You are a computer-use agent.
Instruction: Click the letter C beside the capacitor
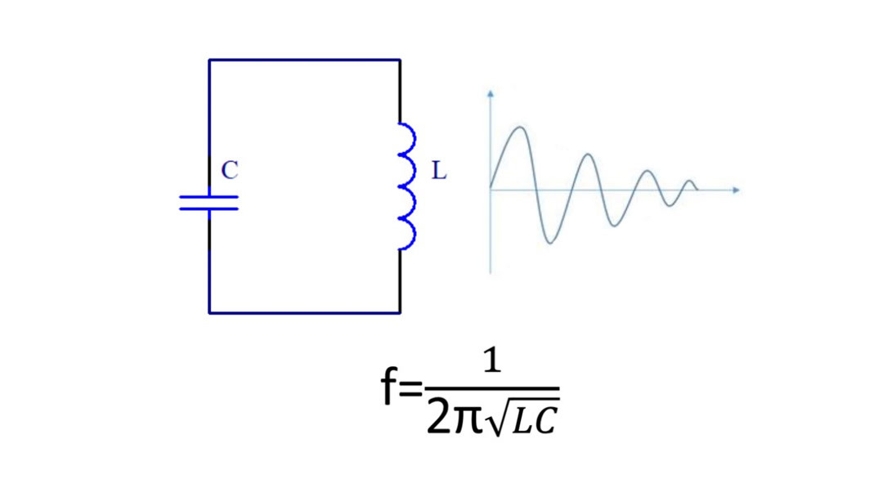[x=230, y=171]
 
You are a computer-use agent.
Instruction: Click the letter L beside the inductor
[x=439, y=172]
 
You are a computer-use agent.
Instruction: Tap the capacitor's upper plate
[x=209, y=196]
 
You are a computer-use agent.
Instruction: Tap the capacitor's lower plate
[x=209, y=208]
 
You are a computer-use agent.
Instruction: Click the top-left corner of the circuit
[x=209, y=60]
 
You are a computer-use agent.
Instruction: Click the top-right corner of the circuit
[x=400, y=60]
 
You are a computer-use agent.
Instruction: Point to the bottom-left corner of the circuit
[x=209, y=312]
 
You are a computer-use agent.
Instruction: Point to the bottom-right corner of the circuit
[x=400, y=312]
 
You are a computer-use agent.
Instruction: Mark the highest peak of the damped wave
[x=519, y=128]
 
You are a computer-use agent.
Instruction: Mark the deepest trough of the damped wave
[x=552, y=243]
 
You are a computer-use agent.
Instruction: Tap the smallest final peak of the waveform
[x=690, y=181]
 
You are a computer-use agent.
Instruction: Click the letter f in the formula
[x=390, y=390]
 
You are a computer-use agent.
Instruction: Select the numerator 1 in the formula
[x=491, y=365]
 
